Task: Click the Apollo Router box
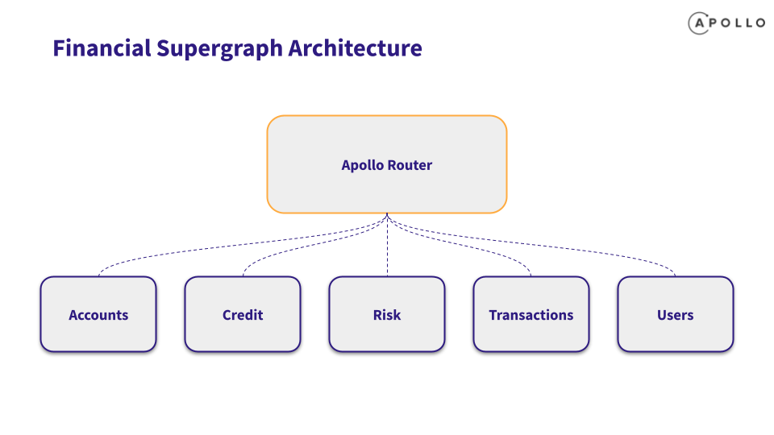click(x=386, y=164)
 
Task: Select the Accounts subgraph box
click(x=98, y=314)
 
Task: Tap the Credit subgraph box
click(x=243, y=314)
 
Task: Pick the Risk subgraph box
click(x=386, y=314)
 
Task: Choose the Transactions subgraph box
click(x=531, y=314)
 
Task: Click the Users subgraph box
click(x=676, y=314)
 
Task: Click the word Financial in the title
click(x=102, y=48)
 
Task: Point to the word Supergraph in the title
click(x=219, y=49)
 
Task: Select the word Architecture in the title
click(x=356, y=48)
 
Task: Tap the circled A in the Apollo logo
click(x=699, y=23)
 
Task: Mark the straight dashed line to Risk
click(x=387, y=245)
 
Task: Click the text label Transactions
click(x=531, y=315)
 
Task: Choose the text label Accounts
click(x=98, y=315)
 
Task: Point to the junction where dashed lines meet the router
click(x=387, y=214)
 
